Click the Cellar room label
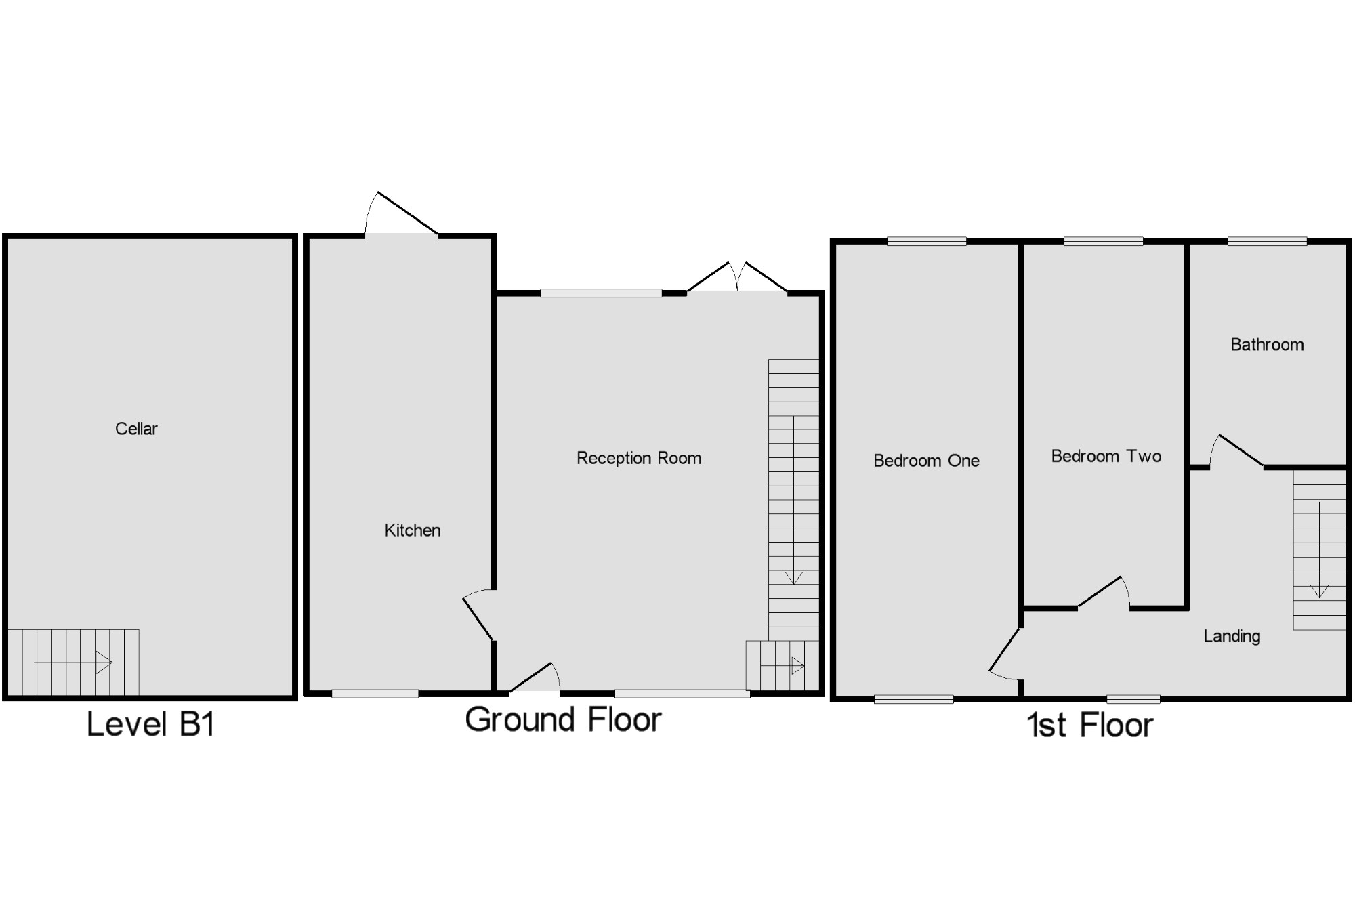tap(136, 429)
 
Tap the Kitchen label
tap(412, 530)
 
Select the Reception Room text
tap(638, 459)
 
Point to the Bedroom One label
tap(926, 461)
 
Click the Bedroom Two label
tap(1106, 457)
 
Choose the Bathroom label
tap(1267, 345)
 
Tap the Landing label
tap(1232, 636)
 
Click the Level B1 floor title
tap(150, 724)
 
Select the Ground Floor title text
tap(563, 719)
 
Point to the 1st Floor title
tap(1089, 726)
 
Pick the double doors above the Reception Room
tap(737, 278)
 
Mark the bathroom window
tap(1267, 241)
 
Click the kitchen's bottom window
tap(375, 693)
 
